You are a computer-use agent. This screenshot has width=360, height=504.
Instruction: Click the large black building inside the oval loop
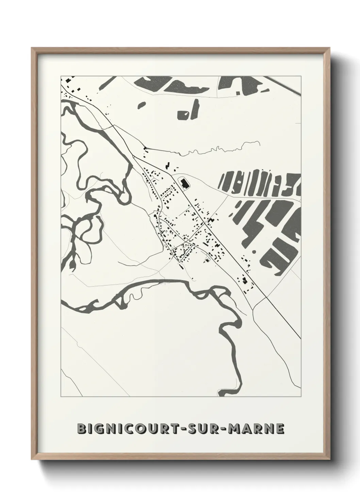point(185,184)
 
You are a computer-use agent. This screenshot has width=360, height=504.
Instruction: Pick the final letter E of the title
point(280,429)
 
